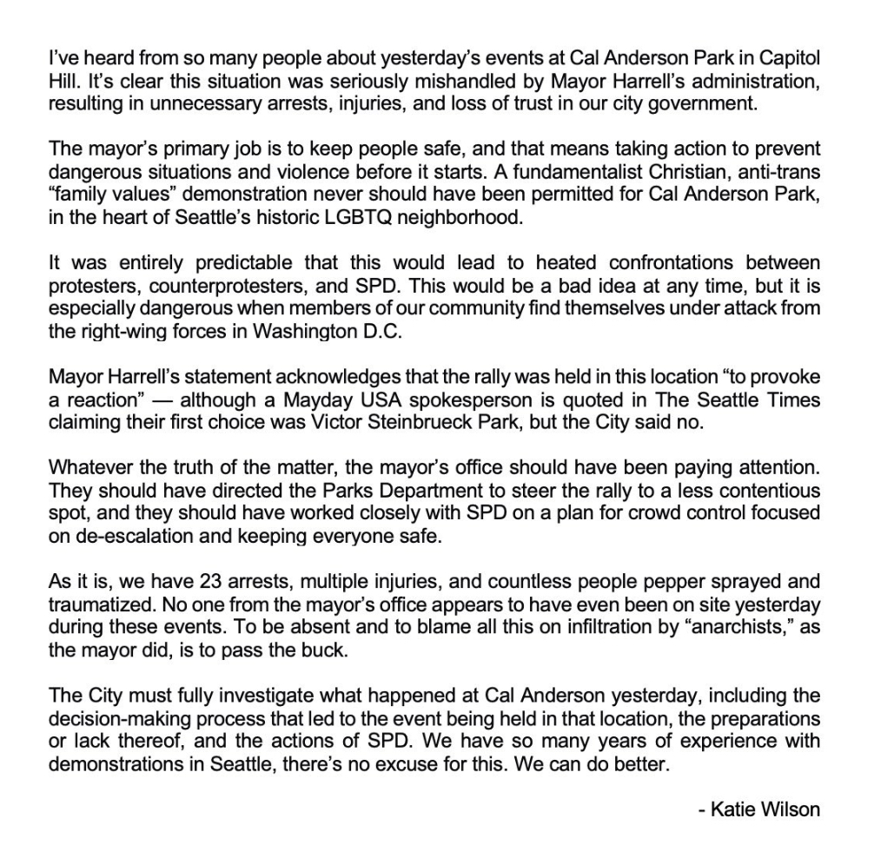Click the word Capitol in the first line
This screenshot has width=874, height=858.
788,59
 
